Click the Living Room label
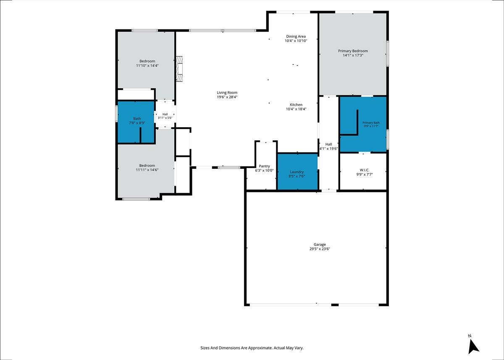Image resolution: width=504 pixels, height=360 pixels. click(x=227, y=92)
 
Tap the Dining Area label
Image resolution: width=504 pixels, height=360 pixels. click(x=296, y=37)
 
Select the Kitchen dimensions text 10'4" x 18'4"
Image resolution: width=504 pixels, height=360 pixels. click(x=296, y=109)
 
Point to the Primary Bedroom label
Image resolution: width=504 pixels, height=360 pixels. click(x=353, y=51)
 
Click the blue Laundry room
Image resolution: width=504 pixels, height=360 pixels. click(x=297, y=172)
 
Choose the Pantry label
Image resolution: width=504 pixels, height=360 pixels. click(x=264, y=166)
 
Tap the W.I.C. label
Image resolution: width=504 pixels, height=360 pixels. click(x=365, y=170)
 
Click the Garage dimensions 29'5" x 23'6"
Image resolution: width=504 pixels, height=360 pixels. click(x=320, y=249)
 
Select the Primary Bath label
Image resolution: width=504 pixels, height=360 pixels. click(x=371, y=123)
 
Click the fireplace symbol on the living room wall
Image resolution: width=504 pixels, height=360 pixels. click(x=179, y=69)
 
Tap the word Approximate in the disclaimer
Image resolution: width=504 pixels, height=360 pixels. click(x=260, y=348)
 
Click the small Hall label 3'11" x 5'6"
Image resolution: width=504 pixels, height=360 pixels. click(x=165, y=116)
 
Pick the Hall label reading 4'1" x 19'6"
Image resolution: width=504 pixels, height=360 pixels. click(x=329, y=147)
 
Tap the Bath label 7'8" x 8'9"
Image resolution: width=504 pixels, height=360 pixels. click(x=137, y=121)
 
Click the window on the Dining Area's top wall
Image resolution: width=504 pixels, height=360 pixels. click(x=293, y=12)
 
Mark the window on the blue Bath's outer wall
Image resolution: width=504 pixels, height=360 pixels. click(x=117, y=113)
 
